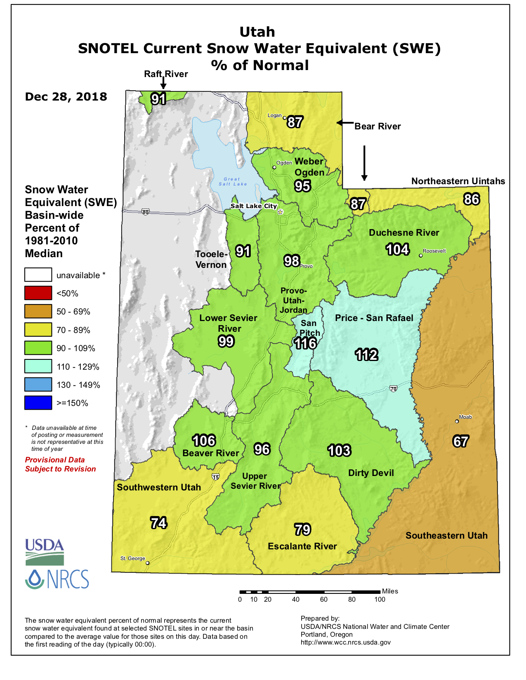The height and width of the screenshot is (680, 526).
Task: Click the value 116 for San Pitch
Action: tap(305, 343)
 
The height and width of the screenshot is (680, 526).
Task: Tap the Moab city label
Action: tap(465, 417)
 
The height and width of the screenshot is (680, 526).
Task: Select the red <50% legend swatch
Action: tap(38, 293)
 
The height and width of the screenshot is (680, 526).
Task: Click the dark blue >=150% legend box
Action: tap(38, 403)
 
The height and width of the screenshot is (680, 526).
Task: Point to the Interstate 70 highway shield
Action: tap(393, 389)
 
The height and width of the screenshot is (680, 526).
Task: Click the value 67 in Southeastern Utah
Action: tap(460, 441)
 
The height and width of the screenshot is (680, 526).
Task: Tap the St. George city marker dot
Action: tap(148, 563)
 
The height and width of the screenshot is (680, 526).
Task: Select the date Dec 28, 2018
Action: tap(66, 97)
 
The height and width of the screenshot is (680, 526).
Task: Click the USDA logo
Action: tap(45, 551)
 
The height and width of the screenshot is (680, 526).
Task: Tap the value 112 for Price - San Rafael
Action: tap(366, 355)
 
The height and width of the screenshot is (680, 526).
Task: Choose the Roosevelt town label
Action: tap(434, 251)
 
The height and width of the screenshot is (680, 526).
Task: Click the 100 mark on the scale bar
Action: tap(380, 600)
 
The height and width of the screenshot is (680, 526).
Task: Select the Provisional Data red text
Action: tap(55, 460)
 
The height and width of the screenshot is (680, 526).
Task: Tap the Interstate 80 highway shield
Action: tap(145, 212)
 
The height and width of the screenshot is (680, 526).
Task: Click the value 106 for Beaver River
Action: tap(204, 441)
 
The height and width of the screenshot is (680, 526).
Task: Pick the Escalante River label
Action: tap(302, 546)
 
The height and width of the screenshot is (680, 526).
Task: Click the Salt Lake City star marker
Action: tap(281, 212)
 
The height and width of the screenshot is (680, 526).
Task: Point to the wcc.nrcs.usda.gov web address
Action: tap(345, 642)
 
